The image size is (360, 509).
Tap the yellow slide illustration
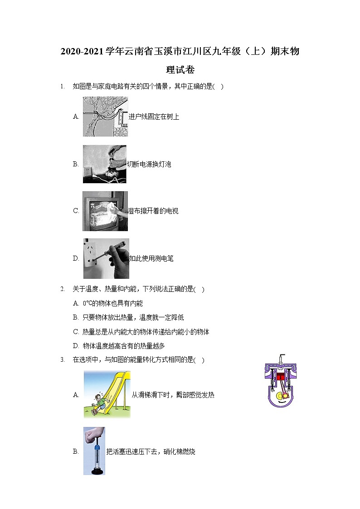pos(107,394)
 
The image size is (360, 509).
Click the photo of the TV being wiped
pos(105,211)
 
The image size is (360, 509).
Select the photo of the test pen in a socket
pos(106,258)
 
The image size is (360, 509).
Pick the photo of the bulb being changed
pos(105,164)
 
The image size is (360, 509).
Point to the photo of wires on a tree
pos(106,117)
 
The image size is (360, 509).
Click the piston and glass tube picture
pos(94,451)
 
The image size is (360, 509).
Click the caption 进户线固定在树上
pos(154,117)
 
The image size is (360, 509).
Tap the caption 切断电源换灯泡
pos(149,165)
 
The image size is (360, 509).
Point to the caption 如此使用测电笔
pos(151,259)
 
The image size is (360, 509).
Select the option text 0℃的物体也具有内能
pos(112,304)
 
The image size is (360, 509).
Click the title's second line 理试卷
pos(180,70)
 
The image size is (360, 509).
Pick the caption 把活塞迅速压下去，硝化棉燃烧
pos(151,452)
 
